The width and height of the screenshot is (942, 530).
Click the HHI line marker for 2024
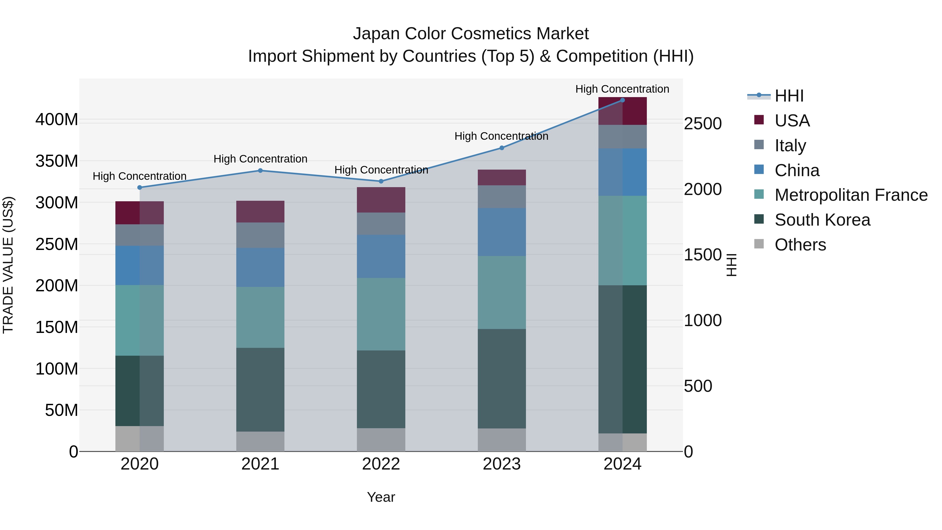pyautogui.click(x=623, y=100)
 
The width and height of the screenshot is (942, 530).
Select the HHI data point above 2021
pyautogui.click(x=260, y=170)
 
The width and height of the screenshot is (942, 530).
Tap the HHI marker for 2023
pyautogui.click(x=502, y=148)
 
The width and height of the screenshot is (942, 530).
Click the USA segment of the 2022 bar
pyautogui.click(x=381, y=200)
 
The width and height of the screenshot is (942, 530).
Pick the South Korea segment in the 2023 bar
pyautogui.click(x=502, y=378)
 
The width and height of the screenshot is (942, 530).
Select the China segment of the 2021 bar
pyautogui.click(x=260, y=267)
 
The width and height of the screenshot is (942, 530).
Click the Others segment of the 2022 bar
pyautogui.click(x=381, y=440)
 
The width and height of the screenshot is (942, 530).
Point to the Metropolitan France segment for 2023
pyautogui.click(x=502, y=292)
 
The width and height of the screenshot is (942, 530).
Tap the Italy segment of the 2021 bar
pyautogui.click(x=260, y=235)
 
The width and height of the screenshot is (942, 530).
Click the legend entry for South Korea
pyautogui.click(x=822, y=220)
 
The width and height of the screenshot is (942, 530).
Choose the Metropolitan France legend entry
pyautogui.click(x=851, y=195)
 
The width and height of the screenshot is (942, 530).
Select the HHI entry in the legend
pyautogui.click(x=789, y=96)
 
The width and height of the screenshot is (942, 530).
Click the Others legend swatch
pyautogui.click(x=759, y=244)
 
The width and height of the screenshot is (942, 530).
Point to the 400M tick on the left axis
pyautogui.click(x=57, y=120)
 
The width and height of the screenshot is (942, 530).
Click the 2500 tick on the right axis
pyautogui.click(x=703, y=124)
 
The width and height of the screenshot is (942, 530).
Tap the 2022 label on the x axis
pyautogui.click(x=381, y=464)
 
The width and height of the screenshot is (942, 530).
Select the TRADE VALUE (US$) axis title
pyautogui.click(x=8, y=265)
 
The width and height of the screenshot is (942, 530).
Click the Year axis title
pyautogui.click(x=381, y=497)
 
